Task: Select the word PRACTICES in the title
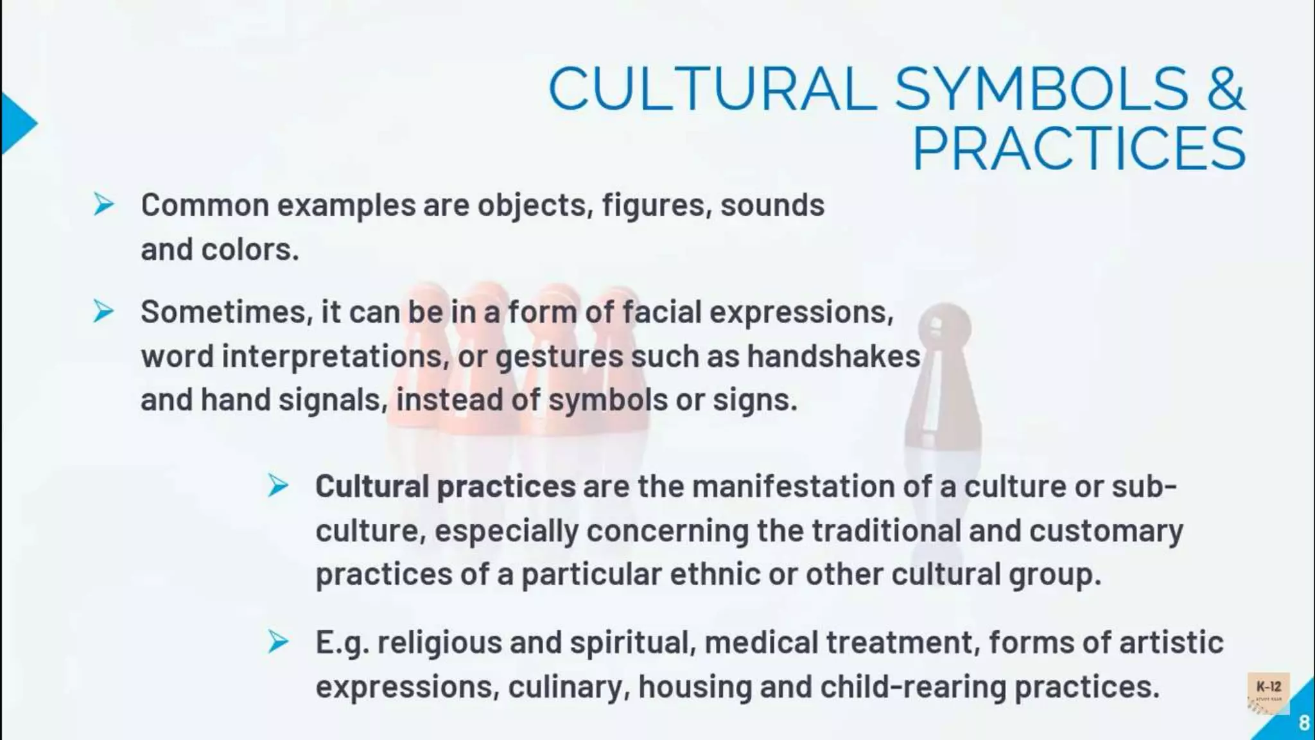(1079, 149)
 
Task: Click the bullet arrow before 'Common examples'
(103, 205)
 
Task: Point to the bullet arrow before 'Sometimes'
(103, 312)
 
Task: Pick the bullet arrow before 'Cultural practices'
(278, 486)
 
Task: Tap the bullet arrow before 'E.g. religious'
(278, 642)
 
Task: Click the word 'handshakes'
(833, 357)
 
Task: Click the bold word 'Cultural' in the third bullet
(372, 486)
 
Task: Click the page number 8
(1303, 723)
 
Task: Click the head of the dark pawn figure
(945, 325)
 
